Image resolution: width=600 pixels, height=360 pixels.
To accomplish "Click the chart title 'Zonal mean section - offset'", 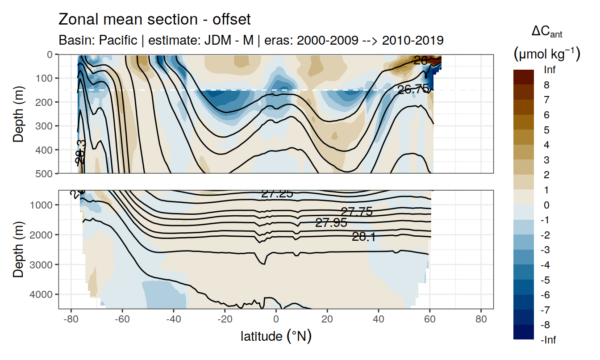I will [154, 20].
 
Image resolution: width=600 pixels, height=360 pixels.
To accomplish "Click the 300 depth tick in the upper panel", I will [45, 126].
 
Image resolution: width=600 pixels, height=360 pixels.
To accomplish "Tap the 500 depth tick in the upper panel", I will [45, 173].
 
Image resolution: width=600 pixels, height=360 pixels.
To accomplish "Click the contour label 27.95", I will [331, 222].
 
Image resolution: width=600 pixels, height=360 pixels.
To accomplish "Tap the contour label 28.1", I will [364, 237].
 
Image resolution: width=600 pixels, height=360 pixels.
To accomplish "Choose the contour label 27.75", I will [356, 212].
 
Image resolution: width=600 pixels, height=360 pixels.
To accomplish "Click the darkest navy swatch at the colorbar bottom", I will [524, 332].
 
